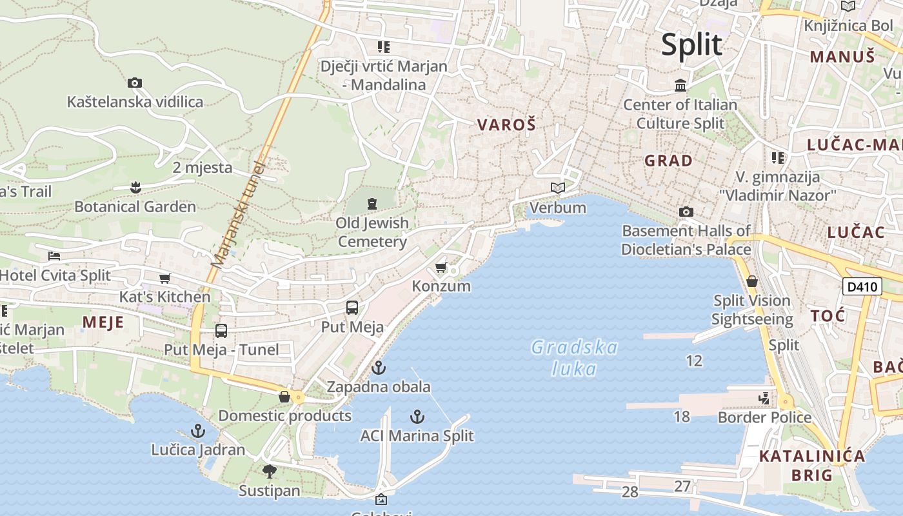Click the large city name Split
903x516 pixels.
pyautogui.click(x=692, y=45)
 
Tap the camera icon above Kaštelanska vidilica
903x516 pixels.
pyautogui.click(x=134, y=83)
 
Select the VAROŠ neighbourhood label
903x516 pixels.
pyautogui.click(x=506, y=124)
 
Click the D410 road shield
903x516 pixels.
pyautogui.click(x=862, y=286)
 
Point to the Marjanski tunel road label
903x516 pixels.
pyautogui.click(x=238, y=214)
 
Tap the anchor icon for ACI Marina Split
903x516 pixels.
pyautogui.click(x=417, y=417)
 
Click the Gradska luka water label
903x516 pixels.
pyautogui.click(x=573, y=358)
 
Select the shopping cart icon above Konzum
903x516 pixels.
pyautogui.click(x=441, y=267)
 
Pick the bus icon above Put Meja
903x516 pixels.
pyautogui.click(x=352, y=308)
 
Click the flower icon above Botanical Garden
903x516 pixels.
pyautogui.click(x=135, y=188)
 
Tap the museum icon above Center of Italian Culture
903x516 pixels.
pyautogui.click(x=680, y=85)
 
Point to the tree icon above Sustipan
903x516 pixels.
pyautogui.click(x=270, y=471)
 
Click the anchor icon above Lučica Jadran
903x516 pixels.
pyautogui.click(x=198, y=430)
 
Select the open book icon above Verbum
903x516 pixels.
pyautogui.click(x=557, y=188)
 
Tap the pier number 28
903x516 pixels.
pyautogui.click(x=630, y=492)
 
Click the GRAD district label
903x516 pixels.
pyautogui.click(x=669, y=161)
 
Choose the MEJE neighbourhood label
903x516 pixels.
pyautogui.click(x=103, y=321)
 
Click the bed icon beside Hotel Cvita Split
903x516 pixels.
pyautogui.click(x=54, y=256)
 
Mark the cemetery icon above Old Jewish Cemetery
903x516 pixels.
pyautogui.click(x=372, y=204)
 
